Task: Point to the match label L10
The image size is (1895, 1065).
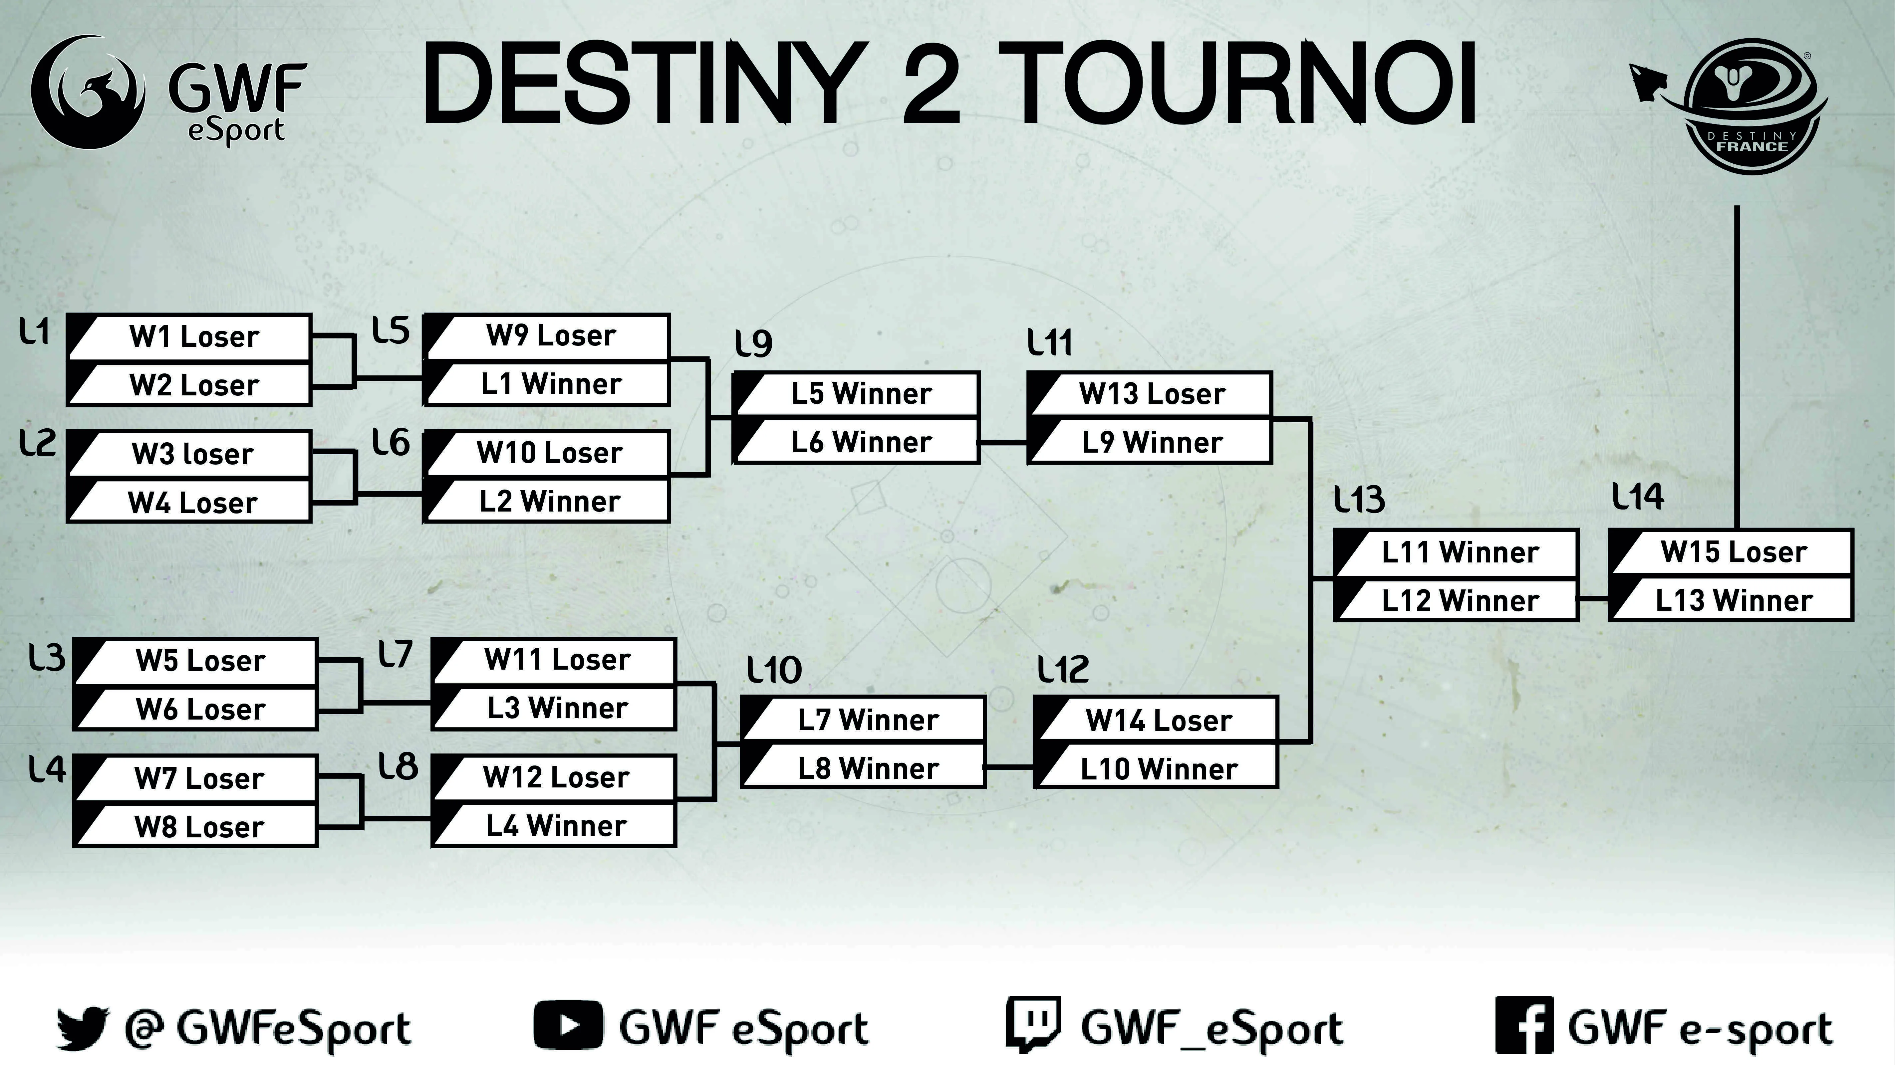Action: (x=774, y=670)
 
